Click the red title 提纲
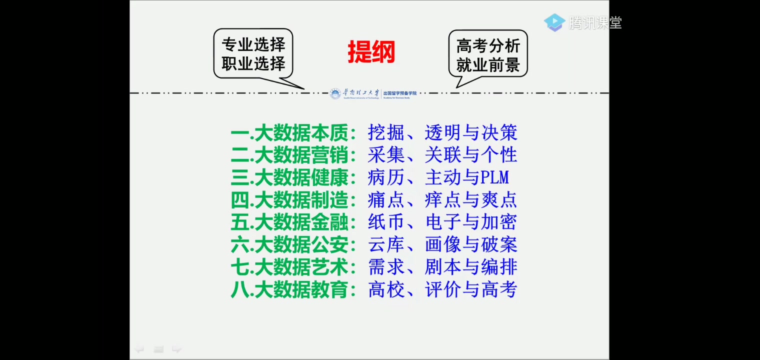(371, 52)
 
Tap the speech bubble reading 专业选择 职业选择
(253, 53)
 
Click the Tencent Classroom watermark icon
(554, 22)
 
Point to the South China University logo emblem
(335, 93)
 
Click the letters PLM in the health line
(495, 177)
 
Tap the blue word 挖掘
(385, 132)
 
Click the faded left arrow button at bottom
(139, 349)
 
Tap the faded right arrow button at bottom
(176, 349)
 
